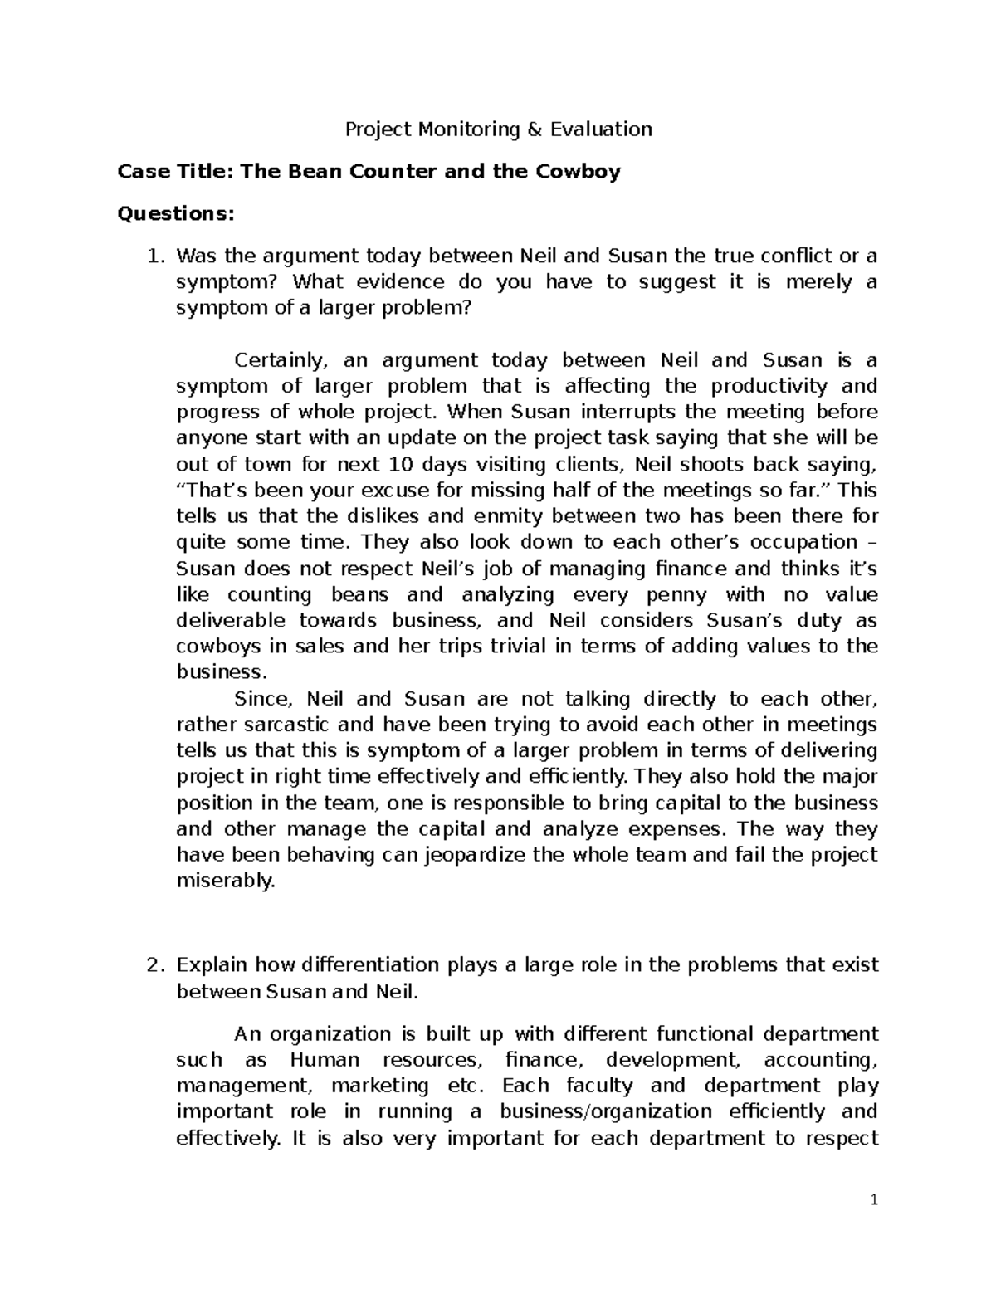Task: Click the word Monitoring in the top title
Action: pyautogui.click(x=465, y=129)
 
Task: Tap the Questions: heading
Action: pyautogui.click(x=177, y=214)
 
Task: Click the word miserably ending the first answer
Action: pyautogui.click(x=226, y=881)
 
